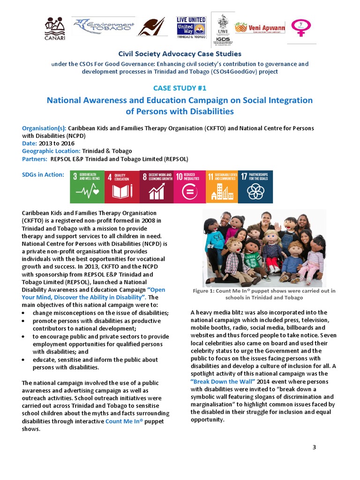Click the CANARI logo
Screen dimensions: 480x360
pos(55,29)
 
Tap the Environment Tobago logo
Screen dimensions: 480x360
pos(103,28)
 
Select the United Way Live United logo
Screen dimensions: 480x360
pos(191,28)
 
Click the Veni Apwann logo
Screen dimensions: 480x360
pos(260,28)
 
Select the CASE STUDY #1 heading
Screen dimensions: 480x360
pos(180,88)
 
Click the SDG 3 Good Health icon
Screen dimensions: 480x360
pos(87,187)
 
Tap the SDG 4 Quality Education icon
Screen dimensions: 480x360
pos(121,187)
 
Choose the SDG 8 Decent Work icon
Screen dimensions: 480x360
pos(156,187)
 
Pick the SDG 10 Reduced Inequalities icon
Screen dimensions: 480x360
pos(189,187)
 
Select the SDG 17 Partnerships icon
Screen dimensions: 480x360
pos(255,187)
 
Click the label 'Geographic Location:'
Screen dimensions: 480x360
pos(51,151)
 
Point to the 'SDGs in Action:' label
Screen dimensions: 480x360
pos(43,175)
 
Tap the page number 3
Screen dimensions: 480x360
pos(315,447)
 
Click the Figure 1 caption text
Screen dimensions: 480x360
pos(264,294)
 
